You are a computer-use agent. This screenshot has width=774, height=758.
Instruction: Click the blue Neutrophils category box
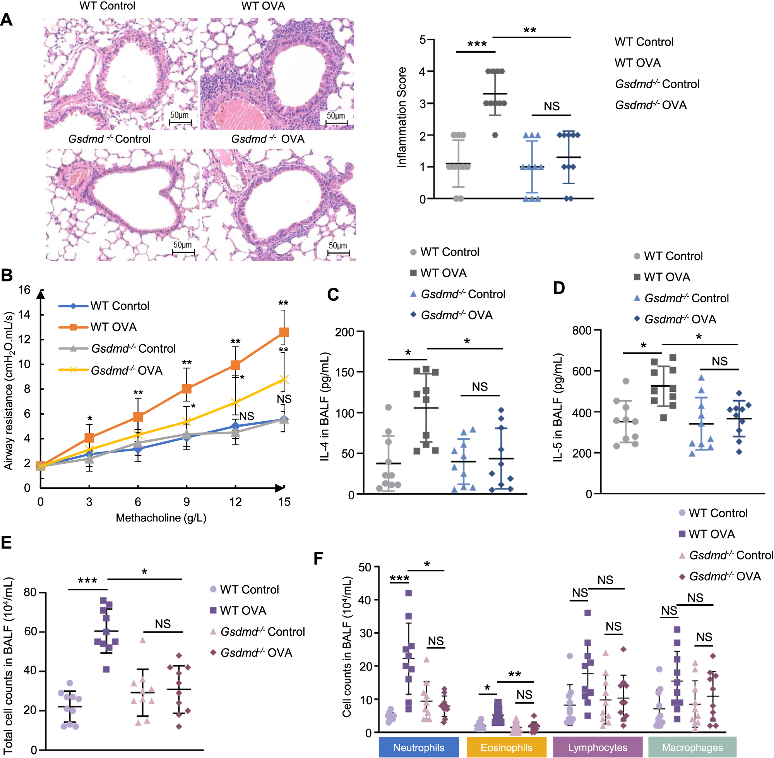(x=419, y=747)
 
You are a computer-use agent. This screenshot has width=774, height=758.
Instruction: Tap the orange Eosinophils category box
(x=506, y=747)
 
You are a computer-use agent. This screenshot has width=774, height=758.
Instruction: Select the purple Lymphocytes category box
(x=597, y=747)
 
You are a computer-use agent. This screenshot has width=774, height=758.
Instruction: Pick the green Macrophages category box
(x=692, y=747)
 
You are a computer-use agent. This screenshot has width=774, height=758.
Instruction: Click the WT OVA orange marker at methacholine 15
(x=284, y=332)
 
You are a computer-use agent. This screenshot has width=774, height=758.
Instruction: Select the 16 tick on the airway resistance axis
(x=24, y=290)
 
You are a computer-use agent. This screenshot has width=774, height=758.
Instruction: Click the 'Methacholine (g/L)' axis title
(x=161, y=518)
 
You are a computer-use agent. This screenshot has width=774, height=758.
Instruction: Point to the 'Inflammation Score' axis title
(x=402, y=117)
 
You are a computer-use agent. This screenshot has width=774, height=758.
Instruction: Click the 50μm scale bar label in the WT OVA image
(x=336, y=115)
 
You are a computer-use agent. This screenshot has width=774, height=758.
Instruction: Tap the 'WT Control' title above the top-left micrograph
(x=108, y=6)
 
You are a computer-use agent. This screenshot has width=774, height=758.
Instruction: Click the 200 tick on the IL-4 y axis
(x=344, y=332)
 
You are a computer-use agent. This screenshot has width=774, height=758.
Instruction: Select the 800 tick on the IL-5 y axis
(x=582, y=331)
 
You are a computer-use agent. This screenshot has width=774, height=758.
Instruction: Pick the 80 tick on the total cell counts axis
(x=30, y=592)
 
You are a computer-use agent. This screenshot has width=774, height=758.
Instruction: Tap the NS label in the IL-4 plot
(x=479, y=387)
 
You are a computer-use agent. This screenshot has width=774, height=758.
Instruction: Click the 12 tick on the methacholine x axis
(x=235, y=502)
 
